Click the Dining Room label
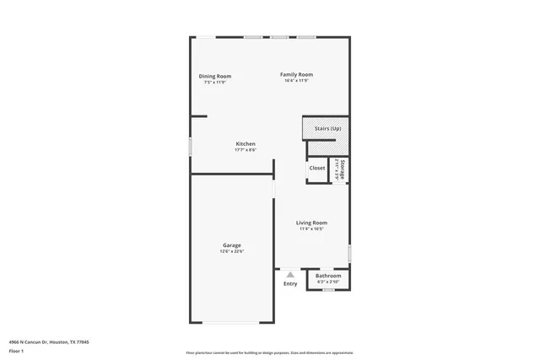pos(215,76)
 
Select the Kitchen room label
pos(246,143)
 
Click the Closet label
pos(317,168)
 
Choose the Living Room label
pos(311,223)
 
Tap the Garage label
pos(232,245)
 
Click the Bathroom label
pos(328,276)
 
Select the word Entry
pos(290,284)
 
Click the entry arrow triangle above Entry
pos(290,275)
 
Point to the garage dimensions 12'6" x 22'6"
pos(232,251)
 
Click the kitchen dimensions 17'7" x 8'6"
pos(246,149)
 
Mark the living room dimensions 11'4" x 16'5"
pos(311,228)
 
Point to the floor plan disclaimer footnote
pos(269,352)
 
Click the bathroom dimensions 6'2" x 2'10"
pos(328,281)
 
